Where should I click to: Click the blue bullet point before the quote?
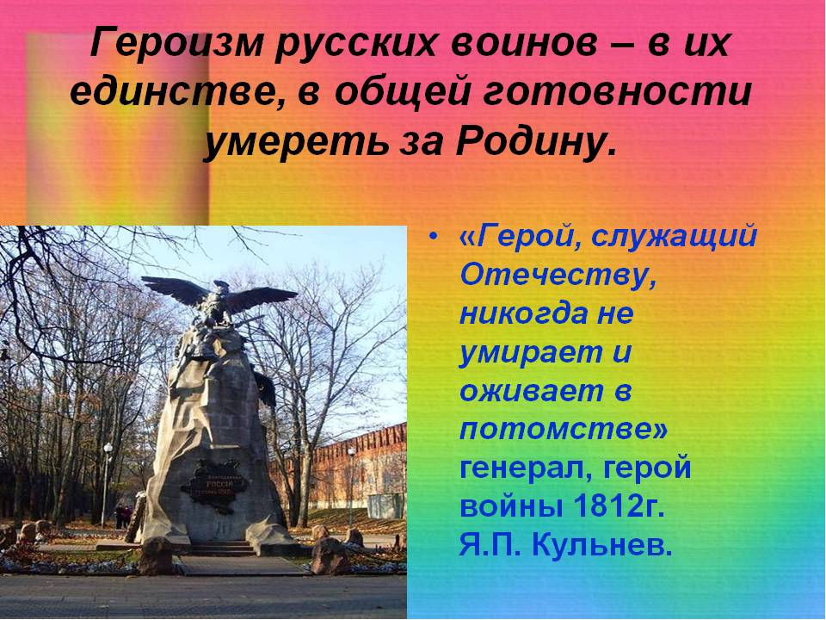pyautogui.click(x=433, y=238)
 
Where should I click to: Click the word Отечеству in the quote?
pyautogui.click(x=558, y=276)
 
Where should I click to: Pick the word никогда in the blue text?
pyautogui.click(x=524, y=314)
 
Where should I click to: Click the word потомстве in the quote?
pyautogui.click(x=563, y=430)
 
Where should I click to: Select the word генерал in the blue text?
pyautogui.click(x=526, y=468)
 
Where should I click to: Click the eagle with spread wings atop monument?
pyautogui.click(x=219, y=300)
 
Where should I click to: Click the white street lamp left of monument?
pyautogui.click(x=107, y=484)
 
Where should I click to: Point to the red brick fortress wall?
pyautogui.click(x=363, y=464)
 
